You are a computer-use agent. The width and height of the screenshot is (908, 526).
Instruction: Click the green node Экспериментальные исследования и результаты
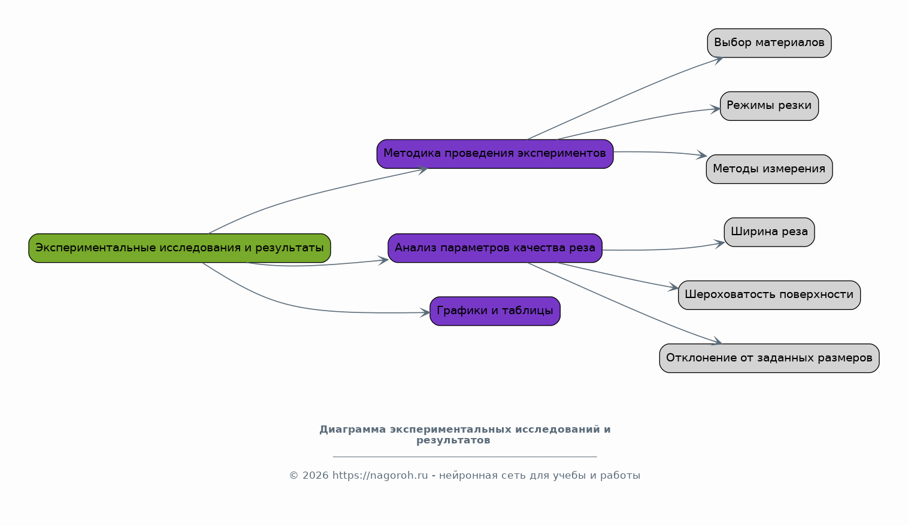pyautogui.click(x=180, y=248)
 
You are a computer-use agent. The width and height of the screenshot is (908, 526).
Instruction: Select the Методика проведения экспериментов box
pyautogui.click(x=495, y=154)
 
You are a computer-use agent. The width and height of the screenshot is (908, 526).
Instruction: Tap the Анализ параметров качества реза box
pyautogui.click(x=495, y=248)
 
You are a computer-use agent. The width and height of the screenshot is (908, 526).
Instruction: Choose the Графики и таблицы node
pyautogui.click(x=495, y=311)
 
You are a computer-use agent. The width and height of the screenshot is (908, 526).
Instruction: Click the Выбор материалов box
pyautogui.click(x=769, y=43)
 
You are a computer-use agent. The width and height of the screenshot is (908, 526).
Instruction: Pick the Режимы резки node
pyautogui.click(x=769, y=106)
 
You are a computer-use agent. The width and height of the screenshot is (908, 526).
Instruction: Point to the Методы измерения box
pyautogui.click(x=769, y=169)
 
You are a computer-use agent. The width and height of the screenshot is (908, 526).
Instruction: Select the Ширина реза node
pyautogui.click(x=769, y=232)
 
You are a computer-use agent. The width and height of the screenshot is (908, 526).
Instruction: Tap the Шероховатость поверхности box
pyautogui.click(x=769, y=295)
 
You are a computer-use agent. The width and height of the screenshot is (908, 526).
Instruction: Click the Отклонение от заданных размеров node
pyautogui.click(x=769, y=358)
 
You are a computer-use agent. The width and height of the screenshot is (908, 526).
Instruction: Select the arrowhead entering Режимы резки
pyautogui.click(x=715, y=109)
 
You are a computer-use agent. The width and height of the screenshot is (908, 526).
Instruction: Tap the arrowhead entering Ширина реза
pyautogui.click(x=719, y=244)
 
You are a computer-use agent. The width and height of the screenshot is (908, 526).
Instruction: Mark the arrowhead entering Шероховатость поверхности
pyautogui.click(x=673, y=288)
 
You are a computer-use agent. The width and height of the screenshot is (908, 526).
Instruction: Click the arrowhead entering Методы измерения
pyautogui.click(x=702, y=156)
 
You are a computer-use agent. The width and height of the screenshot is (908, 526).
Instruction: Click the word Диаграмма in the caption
pyautogui.click(x=352, y=430)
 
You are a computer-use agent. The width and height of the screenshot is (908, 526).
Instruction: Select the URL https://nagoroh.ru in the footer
pyautogui.click(x=380, y=476)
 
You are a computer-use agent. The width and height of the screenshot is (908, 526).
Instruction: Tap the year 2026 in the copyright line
pyautogui.click(x=316, y=476)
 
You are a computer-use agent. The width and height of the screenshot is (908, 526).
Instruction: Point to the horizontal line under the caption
pyautogui.click(x=465, y=457)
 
